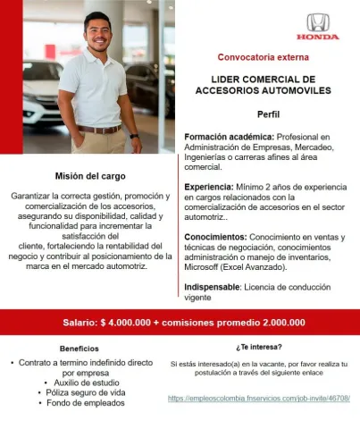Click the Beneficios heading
pos(80,348)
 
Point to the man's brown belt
pos(98,129)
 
